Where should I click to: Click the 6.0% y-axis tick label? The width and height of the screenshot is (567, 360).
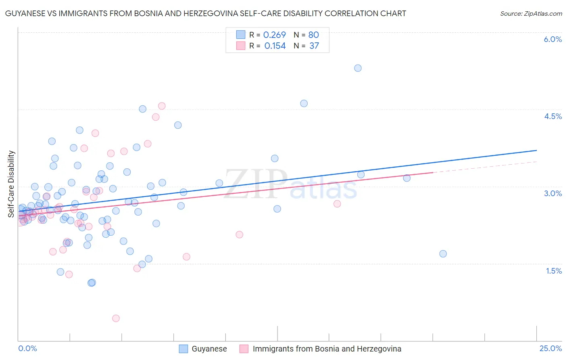click(552, 39)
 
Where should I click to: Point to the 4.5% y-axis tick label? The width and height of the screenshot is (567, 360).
click(552, 116)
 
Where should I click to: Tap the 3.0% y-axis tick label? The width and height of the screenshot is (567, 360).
click(552, 193)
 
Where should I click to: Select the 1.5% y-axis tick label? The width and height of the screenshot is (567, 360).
click(554, 271)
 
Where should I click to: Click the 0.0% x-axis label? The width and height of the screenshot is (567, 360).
click(27, 348)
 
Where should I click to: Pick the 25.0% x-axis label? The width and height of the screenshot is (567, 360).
click(550, 348)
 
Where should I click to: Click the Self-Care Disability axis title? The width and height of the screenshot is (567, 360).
click(11, 184)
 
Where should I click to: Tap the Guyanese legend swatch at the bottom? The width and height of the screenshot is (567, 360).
click(183, 349)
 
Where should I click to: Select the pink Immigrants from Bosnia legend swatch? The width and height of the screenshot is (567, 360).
click(244, 349)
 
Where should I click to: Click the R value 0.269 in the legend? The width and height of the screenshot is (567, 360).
click(274, 35)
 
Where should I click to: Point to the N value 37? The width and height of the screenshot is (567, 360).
click(314, 46)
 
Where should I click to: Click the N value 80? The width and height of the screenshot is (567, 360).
click(313, 35)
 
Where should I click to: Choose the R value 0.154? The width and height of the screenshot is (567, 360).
click(275, 46)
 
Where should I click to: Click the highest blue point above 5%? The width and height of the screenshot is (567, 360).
click(358, 68)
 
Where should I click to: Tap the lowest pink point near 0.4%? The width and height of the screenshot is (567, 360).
click(116, 318)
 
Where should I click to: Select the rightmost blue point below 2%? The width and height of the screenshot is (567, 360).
click(443, 254)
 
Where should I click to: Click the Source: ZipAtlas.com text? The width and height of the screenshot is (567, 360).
click(531, 14)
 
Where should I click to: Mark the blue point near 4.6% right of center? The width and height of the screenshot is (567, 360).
click(304, 103)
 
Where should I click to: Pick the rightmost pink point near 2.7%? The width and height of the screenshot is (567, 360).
click(337, 204)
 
